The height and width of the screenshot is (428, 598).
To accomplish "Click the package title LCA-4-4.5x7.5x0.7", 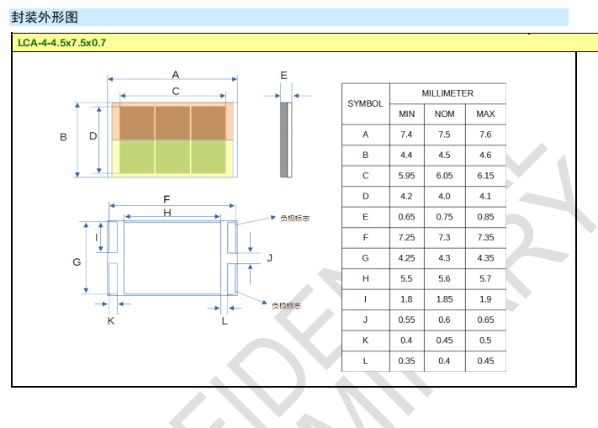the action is coord(61,43).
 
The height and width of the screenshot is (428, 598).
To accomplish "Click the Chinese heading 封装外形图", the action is coord(45,17).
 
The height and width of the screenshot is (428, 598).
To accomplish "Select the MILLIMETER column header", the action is coord(447,93).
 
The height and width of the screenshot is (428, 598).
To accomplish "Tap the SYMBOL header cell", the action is coord(365,103).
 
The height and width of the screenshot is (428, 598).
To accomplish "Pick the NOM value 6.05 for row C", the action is coord(444,176).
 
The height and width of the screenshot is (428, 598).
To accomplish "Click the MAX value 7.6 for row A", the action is coord(485,135).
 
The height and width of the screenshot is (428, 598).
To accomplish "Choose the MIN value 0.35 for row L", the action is coord(406,361).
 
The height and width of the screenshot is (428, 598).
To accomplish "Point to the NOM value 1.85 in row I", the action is coord(444,299).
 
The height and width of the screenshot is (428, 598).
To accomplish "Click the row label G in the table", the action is coord(365,258).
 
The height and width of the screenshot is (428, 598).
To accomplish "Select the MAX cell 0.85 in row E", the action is coord(485,217).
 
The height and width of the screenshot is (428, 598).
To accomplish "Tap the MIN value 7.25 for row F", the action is coord(406,237).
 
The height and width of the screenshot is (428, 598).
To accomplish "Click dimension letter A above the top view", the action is coord(176,74).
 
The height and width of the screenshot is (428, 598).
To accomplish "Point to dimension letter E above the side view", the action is coord(283,75).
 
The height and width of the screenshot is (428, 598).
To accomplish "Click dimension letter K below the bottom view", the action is coord(111,321).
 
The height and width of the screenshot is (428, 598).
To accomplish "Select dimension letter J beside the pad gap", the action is coord(270,258).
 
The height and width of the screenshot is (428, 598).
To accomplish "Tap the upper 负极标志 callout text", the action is coord(295,219).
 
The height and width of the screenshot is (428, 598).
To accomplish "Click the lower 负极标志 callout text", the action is coord(286,306).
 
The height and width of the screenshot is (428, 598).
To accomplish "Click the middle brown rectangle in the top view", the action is coord(172,123).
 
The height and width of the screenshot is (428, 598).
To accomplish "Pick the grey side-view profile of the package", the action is coord(284,140).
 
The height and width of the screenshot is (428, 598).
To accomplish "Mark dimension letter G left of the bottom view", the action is coord(77,262).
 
